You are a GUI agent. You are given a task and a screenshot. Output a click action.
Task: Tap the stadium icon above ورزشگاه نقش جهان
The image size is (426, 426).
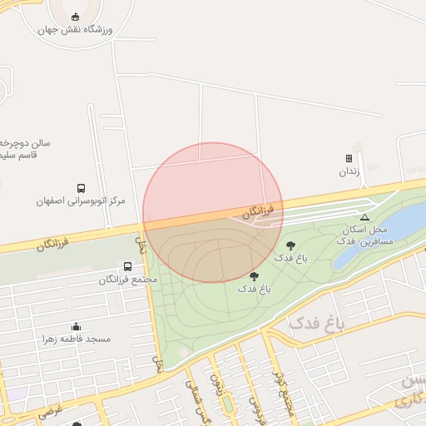(x=77, y=17)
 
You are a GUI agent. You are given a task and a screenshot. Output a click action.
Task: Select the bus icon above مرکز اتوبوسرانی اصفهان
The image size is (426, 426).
(x=81, y=188)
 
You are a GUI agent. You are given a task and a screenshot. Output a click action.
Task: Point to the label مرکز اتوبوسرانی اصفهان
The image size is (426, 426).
(x=81, y=201)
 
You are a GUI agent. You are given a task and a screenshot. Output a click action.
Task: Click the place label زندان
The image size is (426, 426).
(x=348, y=171)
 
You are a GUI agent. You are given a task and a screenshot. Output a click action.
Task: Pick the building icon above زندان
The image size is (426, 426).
(x=349, y=158)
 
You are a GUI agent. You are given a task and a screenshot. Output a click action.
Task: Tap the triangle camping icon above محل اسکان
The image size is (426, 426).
(x=364, y=216)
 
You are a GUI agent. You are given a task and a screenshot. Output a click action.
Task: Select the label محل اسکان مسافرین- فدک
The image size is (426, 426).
(x=365, y=234)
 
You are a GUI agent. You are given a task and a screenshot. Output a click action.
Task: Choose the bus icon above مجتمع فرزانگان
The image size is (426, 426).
(x=127, y=266)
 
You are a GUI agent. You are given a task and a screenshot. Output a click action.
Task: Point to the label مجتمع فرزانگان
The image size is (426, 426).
(x=128, y=280)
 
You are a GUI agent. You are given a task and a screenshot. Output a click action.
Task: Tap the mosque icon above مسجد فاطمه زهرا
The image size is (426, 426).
(x=77, y=326)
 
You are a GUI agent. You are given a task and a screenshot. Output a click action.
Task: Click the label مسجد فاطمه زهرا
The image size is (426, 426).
(x=77, y=339)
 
